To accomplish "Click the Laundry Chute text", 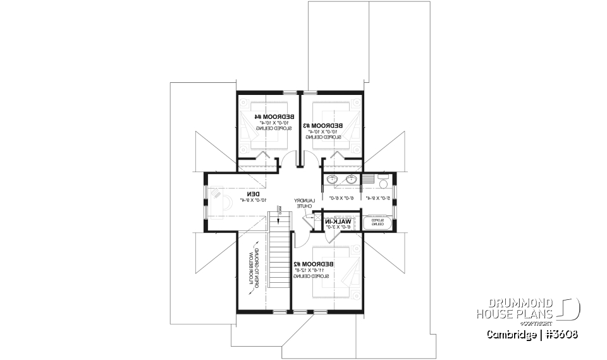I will tap(303, 204).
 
